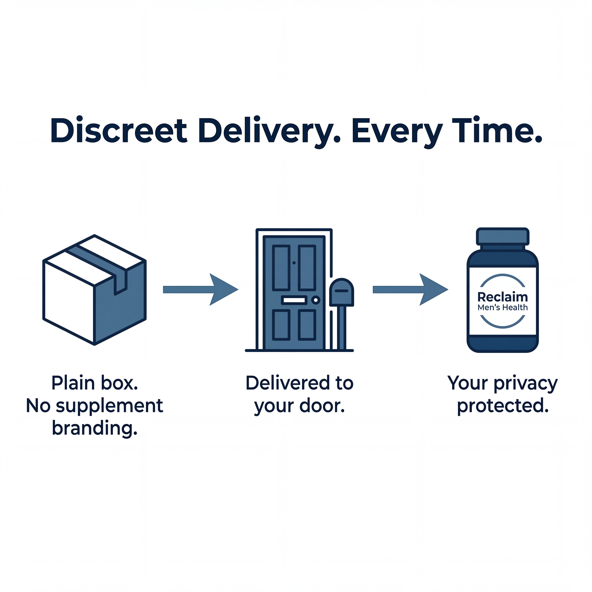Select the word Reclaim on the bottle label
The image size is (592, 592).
point(503,297)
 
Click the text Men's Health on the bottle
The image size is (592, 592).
point(503,307)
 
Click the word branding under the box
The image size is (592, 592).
point(94,428)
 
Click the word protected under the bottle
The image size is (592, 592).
point(503,406)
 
